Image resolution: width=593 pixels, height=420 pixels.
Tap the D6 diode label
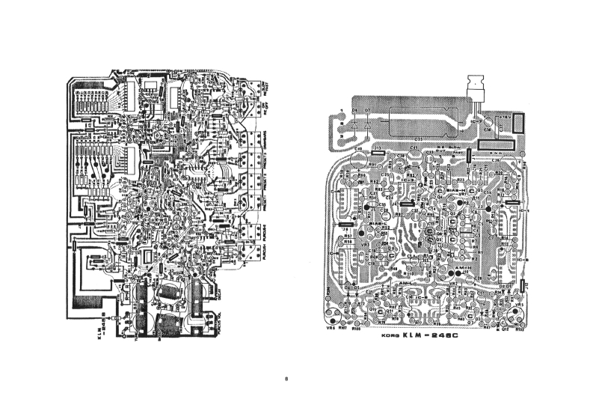(354, 110)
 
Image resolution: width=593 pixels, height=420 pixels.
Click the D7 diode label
(367, 110)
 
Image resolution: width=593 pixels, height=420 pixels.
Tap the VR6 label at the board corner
(331, 326)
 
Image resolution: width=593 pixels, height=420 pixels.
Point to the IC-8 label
(514, 261)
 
